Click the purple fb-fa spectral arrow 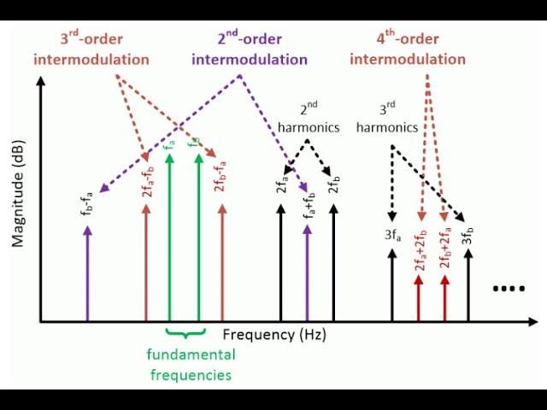coord(87,273)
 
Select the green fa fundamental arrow coord(169,237)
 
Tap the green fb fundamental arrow coord(198,237)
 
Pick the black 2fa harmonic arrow coord(280,262)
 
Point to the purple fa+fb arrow coord(308,273)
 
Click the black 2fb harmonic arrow coord(333,262)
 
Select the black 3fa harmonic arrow coord(392,284)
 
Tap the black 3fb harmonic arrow coord(468,284)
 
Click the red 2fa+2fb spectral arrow coord(419,298)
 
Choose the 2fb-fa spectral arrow coord(222,262)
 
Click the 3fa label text coord(393,236)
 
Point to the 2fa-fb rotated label coord(149,181)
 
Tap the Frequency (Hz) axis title coord(274,335)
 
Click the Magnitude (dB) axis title coord(17,194)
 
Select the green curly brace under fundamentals coord(185,333)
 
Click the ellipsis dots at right coord(509,289)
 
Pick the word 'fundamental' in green coord(191,354)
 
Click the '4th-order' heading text coord(408,38)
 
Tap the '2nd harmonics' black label coord(309,119)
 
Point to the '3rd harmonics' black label coord(387,119)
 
